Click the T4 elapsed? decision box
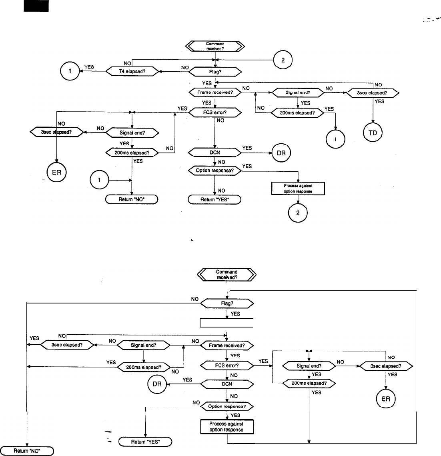click(x=132, y=72)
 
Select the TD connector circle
click(x=372, y=133)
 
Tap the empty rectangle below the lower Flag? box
click(x=227, y=323)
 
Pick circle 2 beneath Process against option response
click(x=297, y=213)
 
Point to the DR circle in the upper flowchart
click(x=281, y=153)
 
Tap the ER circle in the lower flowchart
click(x=385, y=399)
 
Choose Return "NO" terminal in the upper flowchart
click(x=132, y=199)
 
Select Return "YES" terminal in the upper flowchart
click(x=214, y=199)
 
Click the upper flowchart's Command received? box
click(x=215, y=46)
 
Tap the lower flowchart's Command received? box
click(x=227, y=274)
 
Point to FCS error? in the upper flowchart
click(x=215, y=113)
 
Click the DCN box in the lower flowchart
click(x=227, y=384)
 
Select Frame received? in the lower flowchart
click(x=227, y=345)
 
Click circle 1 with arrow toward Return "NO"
click(x=100, y=181)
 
